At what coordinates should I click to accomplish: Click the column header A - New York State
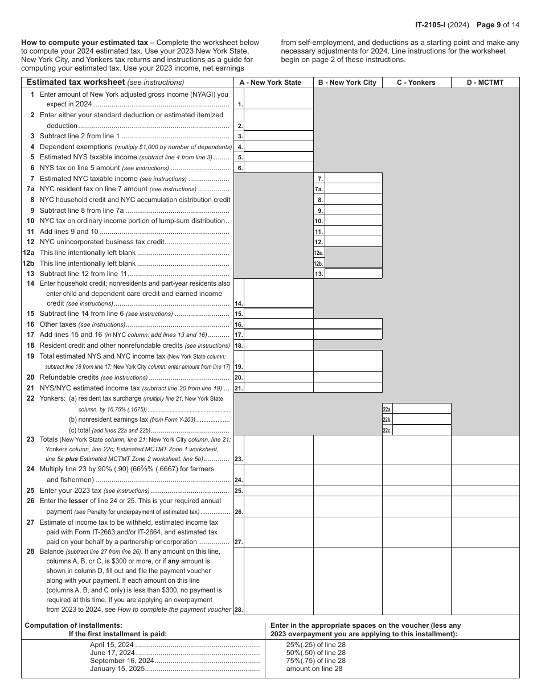(270, 83)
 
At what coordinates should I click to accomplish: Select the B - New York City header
(347, 83)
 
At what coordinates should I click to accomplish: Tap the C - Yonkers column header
(416, 83)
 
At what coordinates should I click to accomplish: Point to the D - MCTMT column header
(485, 83)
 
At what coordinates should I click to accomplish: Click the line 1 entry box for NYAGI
(278, 99)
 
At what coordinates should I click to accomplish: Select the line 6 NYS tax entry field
(278, 168)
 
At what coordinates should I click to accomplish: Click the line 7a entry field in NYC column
(353, 189)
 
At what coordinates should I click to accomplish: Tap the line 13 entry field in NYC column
(353, 274)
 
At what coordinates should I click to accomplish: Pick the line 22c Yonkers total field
(421, 430)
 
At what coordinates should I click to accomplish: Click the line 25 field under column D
(485, 490)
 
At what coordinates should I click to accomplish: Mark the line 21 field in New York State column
(278, 388)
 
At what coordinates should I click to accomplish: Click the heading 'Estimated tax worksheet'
(76, 83)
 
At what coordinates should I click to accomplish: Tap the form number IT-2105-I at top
(433, 24)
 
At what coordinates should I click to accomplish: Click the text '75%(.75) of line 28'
(315, 661)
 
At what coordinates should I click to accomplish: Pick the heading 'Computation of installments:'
(73, 625)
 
